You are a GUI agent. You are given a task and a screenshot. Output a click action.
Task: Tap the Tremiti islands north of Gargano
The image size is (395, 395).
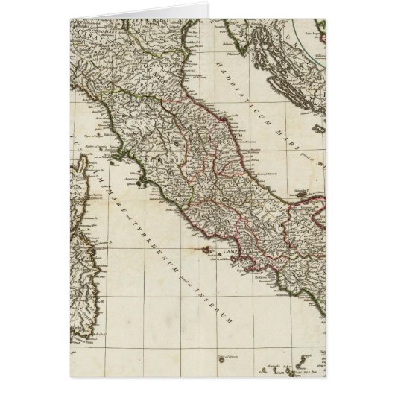290,176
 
